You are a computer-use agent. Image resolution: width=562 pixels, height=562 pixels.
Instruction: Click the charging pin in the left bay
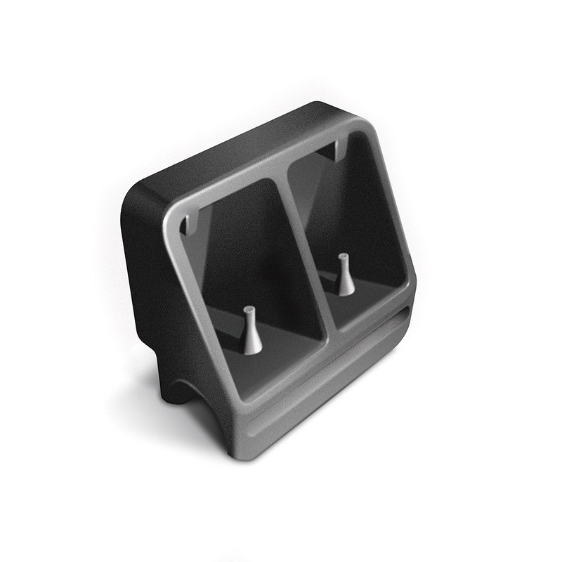[251, 332]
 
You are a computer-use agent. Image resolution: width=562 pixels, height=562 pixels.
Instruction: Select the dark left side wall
[151, 281]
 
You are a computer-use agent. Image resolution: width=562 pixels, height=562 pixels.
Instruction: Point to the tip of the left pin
[249, 310]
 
